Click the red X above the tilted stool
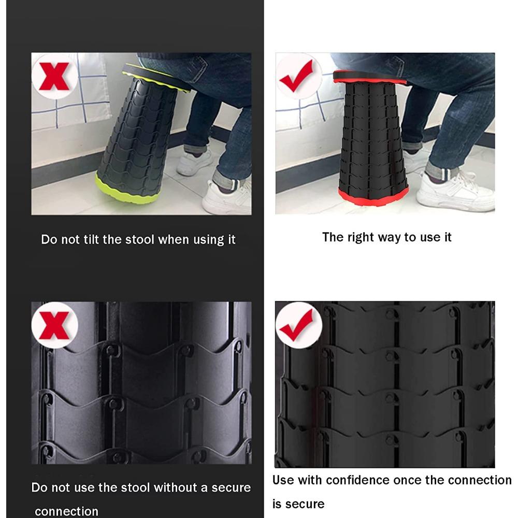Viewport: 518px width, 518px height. coord(54,77)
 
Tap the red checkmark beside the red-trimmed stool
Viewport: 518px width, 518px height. coord(296,77)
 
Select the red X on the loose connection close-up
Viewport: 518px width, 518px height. coord(54,326)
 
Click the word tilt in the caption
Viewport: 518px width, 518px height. coord(91,239)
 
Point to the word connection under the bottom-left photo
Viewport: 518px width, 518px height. coord(66,511)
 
